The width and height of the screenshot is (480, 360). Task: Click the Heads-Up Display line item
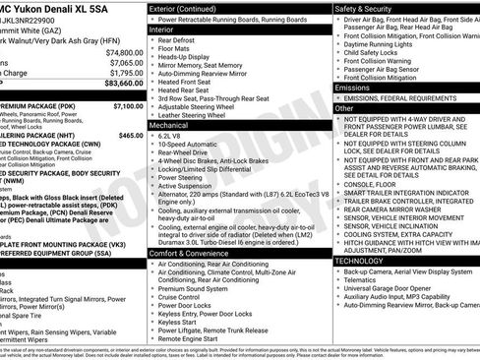point(188,59)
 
